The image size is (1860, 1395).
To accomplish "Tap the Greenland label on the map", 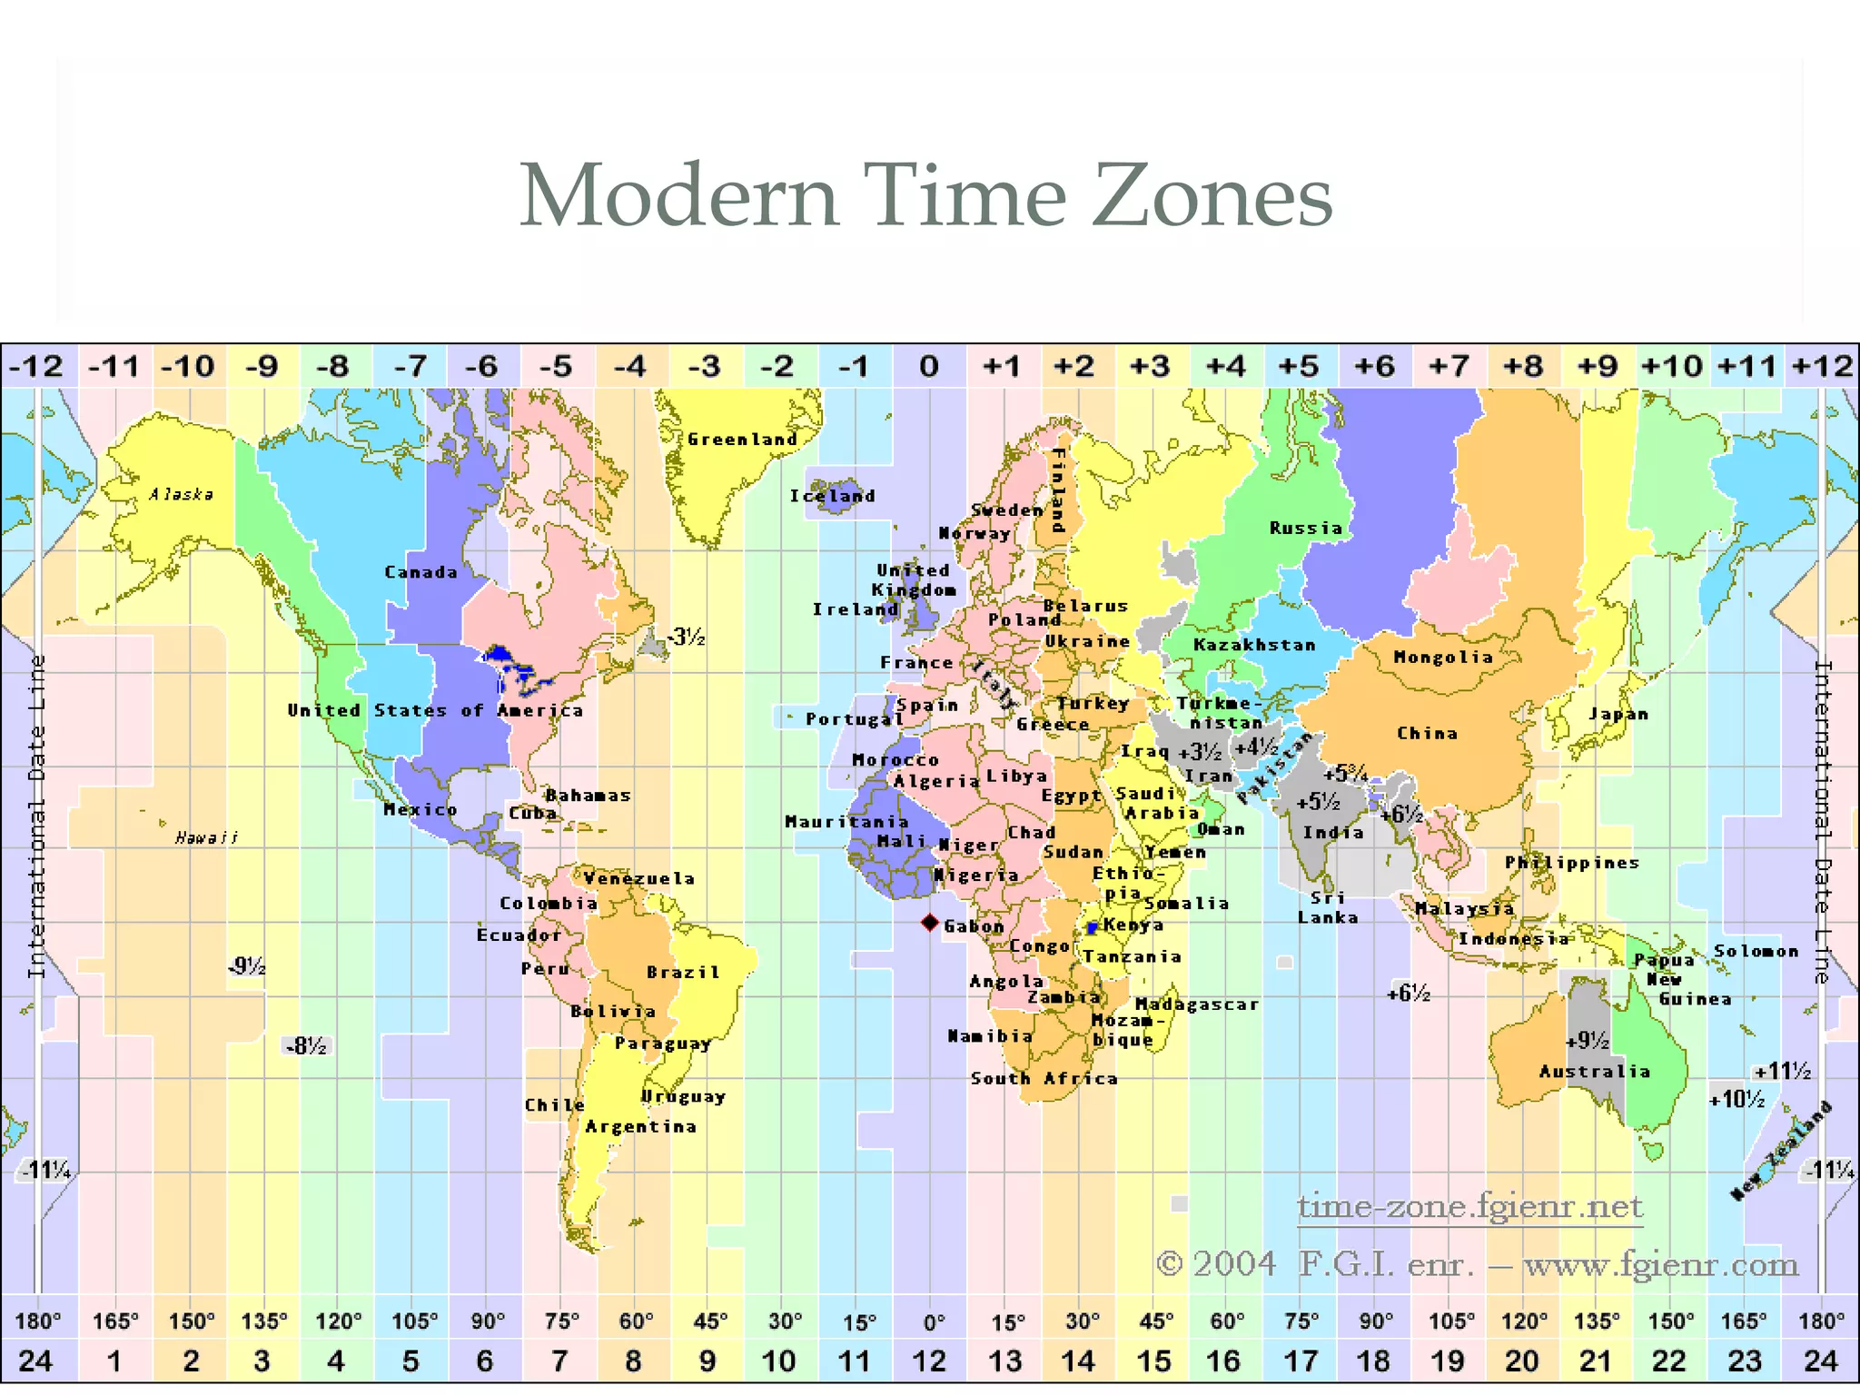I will point(742,440).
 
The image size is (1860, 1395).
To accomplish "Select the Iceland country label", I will point(832,496).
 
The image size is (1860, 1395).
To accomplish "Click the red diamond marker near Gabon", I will point(929,923).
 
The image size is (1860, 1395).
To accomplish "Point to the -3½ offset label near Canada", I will point(687,638).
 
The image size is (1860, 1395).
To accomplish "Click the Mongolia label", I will point(1443,657).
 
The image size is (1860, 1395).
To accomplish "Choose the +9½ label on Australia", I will point(1588,1041).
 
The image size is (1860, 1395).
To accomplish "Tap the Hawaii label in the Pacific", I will point(207,837).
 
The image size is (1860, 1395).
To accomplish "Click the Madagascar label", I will point(1197,1004).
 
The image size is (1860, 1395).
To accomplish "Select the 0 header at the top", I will point(928,367).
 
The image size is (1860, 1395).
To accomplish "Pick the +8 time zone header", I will point(1523,367).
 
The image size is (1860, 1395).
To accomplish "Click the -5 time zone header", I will point(556,367).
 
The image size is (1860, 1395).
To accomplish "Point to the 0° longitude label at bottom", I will point(933,1322).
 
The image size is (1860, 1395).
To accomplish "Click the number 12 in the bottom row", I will point(928,1361).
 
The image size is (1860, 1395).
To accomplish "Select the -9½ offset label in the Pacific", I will point(247,966).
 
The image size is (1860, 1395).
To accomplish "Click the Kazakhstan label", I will point(1254,645).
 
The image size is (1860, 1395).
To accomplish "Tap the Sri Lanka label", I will point(1327,907).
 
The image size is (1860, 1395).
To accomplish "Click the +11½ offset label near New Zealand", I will point(1782,1072).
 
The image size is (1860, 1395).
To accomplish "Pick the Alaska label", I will point(182,495).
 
